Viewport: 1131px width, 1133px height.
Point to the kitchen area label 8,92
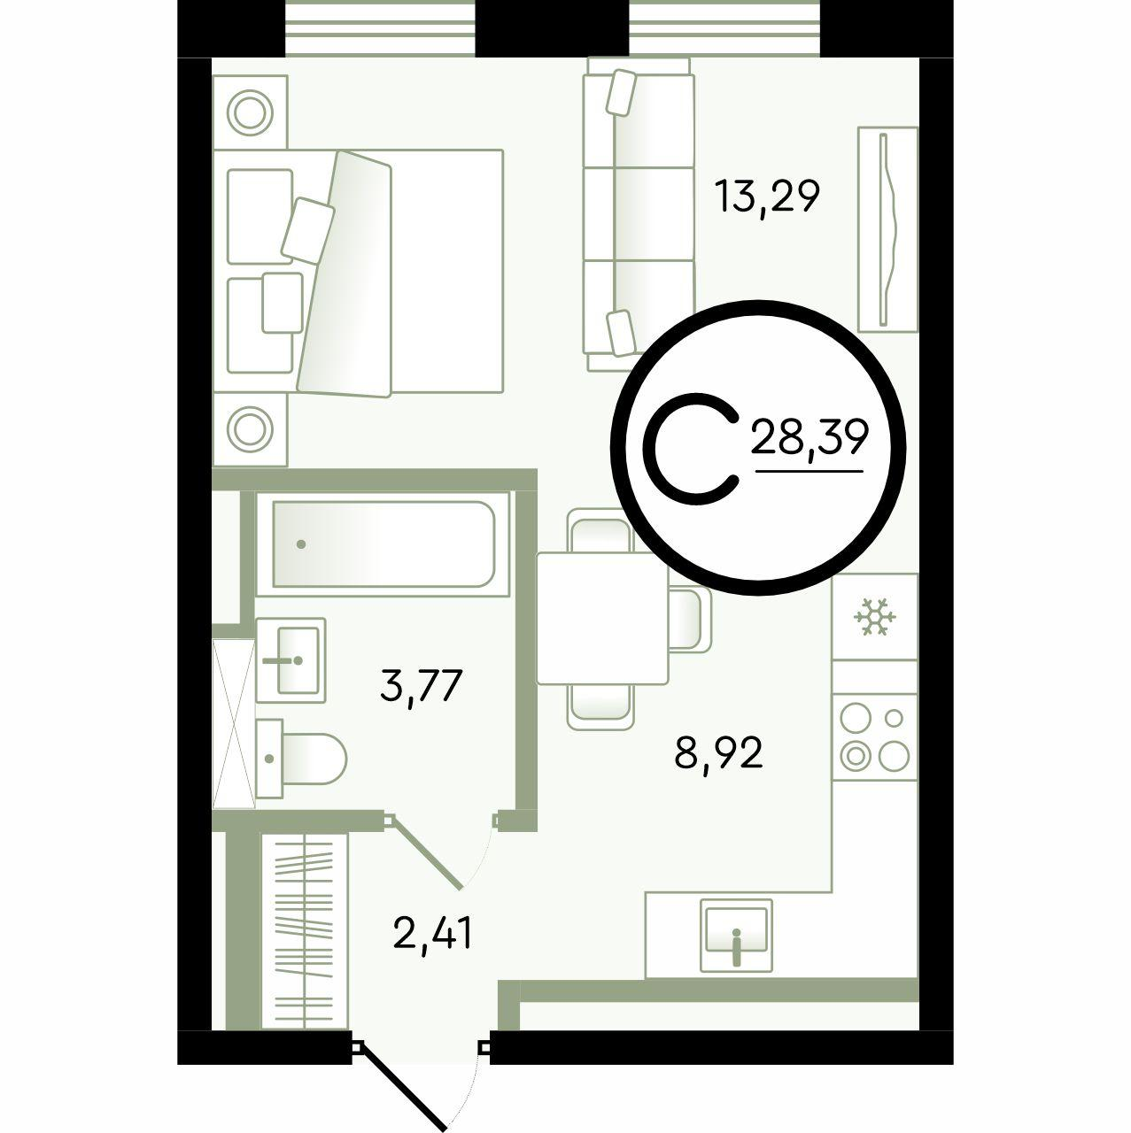pos(718,754)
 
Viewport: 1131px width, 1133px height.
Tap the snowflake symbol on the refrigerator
pos(875,617)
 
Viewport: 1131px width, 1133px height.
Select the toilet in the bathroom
pos(301,759)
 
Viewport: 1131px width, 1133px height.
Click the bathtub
pos(383,545)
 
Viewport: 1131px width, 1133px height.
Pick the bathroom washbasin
pos(290,659)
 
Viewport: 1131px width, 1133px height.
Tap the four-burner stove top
pos(874,737)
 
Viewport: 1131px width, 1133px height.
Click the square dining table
pos(602,619)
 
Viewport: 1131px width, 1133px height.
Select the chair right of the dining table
pos(690,619)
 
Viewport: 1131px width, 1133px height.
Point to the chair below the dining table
pos(600,706)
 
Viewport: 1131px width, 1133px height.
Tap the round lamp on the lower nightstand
pos(250,428)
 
